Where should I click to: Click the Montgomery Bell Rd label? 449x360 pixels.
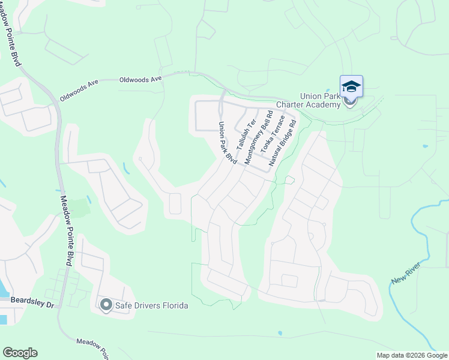255,136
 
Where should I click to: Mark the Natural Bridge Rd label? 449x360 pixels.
283,143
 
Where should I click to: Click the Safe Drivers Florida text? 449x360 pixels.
152,305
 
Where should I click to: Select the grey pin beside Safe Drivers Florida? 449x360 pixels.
106,305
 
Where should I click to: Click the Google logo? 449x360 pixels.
20,353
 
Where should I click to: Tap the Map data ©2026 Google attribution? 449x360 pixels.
412,355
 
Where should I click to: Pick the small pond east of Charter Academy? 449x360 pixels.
425,146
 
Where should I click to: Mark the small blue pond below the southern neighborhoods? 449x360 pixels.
280,333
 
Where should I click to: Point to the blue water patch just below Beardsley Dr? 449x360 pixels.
3,319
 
